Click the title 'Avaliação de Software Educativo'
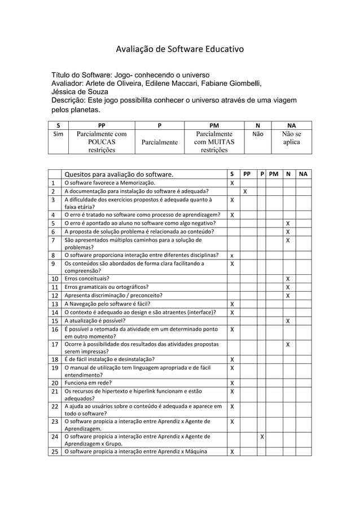[x=180, y=50]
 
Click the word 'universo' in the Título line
[x=192, y=75]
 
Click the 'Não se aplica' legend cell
[x=291, y=139]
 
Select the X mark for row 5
[x=288, y=223]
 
